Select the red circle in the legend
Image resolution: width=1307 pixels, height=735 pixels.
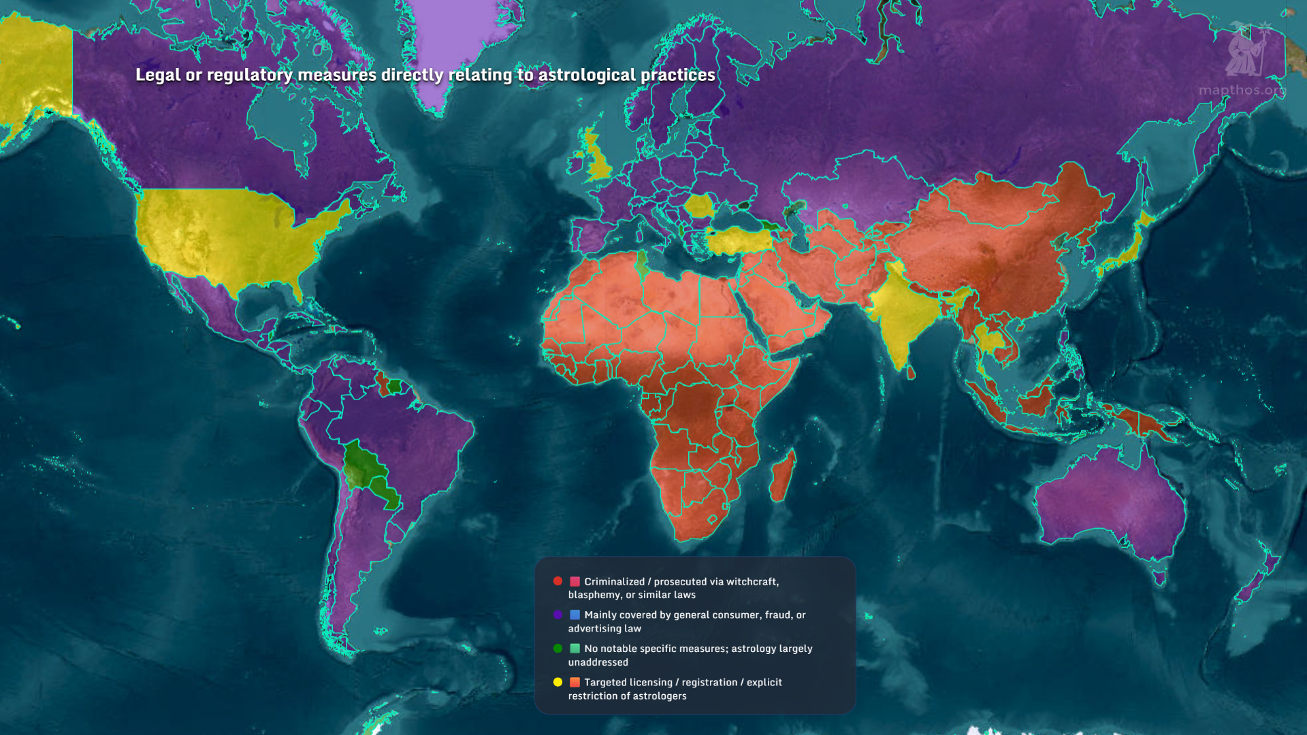click(x=558, y=581)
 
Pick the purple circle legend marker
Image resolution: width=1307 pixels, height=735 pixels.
click(x=558, y=615)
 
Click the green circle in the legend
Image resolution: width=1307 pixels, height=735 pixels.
click(x=558, y=649)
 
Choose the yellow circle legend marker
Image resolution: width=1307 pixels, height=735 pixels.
click(x=558, y=682)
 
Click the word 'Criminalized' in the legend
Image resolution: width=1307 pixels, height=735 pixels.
click(x=614, y=581)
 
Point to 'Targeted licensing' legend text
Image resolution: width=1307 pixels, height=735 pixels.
click(x=628, y=682)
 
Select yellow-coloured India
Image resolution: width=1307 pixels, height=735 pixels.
click(x=902, y=313)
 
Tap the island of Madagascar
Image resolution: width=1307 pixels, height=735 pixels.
click(x=783, y=476)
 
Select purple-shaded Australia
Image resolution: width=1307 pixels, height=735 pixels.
click(x=1110, y=504)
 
